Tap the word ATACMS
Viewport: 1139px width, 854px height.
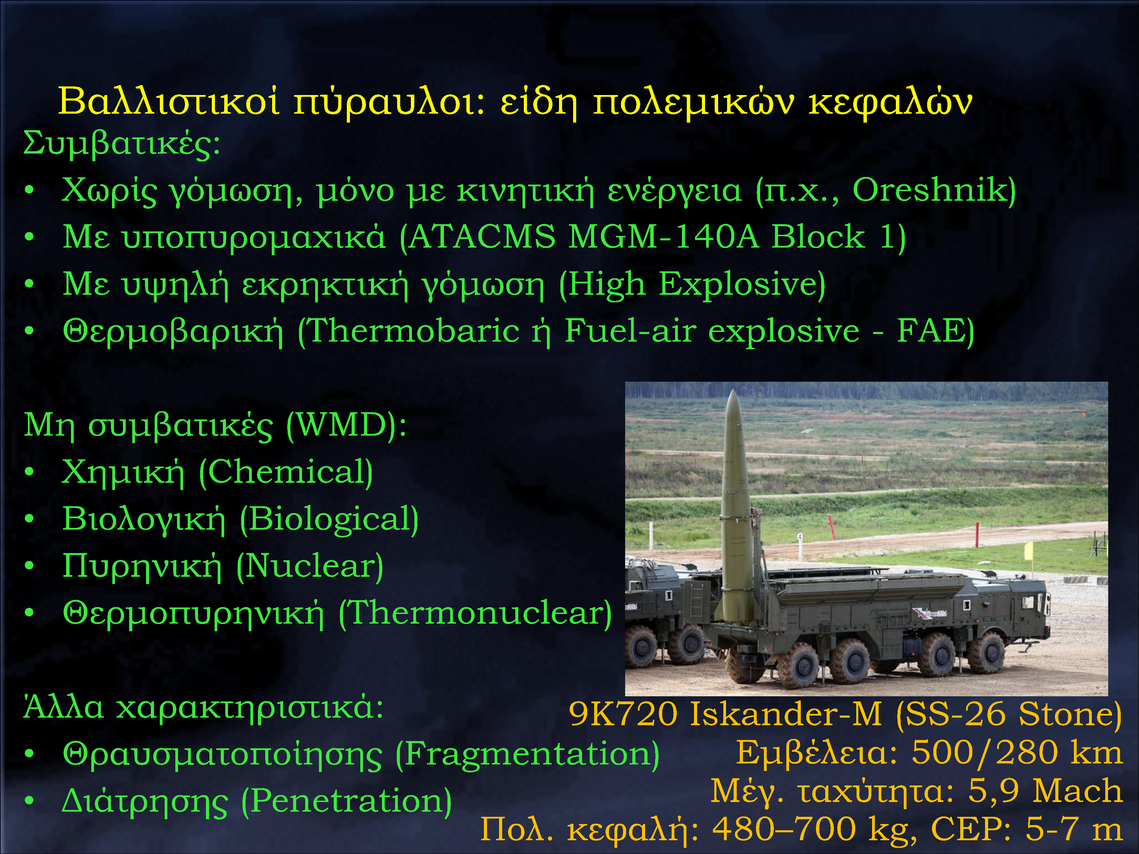(483, 237)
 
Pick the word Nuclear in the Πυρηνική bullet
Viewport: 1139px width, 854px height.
(309, 566)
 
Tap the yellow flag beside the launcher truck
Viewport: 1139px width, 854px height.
(1028, 551)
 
